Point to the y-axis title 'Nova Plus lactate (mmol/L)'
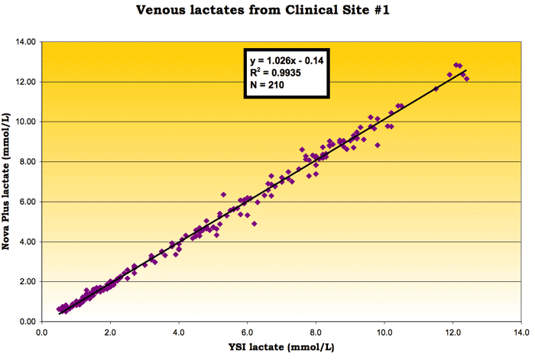point(10,181)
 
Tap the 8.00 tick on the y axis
point(26,162)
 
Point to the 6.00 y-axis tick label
point(26,202)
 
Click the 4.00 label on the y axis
point(26,242)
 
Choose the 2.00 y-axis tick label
point(26,282)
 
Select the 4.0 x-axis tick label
point(179,333)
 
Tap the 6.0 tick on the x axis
point(248,333)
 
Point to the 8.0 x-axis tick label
point(316,333)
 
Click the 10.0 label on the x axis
point(384,333)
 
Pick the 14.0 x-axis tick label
point(521,333)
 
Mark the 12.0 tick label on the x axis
point(453,333)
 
